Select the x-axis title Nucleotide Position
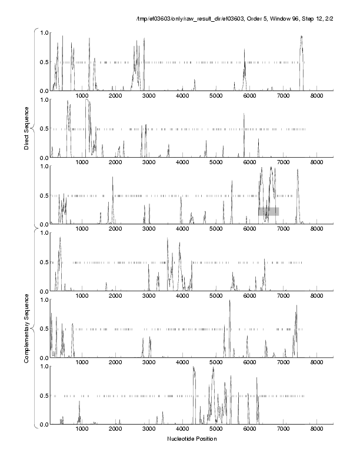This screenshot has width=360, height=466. pos(192,438)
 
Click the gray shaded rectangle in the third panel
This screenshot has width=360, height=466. pos(268,211)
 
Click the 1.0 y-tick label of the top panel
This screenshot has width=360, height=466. pos(43,32)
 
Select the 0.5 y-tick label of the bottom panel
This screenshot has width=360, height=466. pos(43,395)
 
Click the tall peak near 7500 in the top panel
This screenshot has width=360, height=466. pos(301,36)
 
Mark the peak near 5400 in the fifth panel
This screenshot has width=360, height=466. pos(229,301)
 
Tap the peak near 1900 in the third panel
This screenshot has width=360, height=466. pos(113,178)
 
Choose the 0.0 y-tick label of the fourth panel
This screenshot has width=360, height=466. pos(43,291)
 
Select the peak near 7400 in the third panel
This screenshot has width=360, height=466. pos(298,170)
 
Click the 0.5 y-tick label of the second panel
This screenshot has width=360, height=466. pos(43,129)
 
